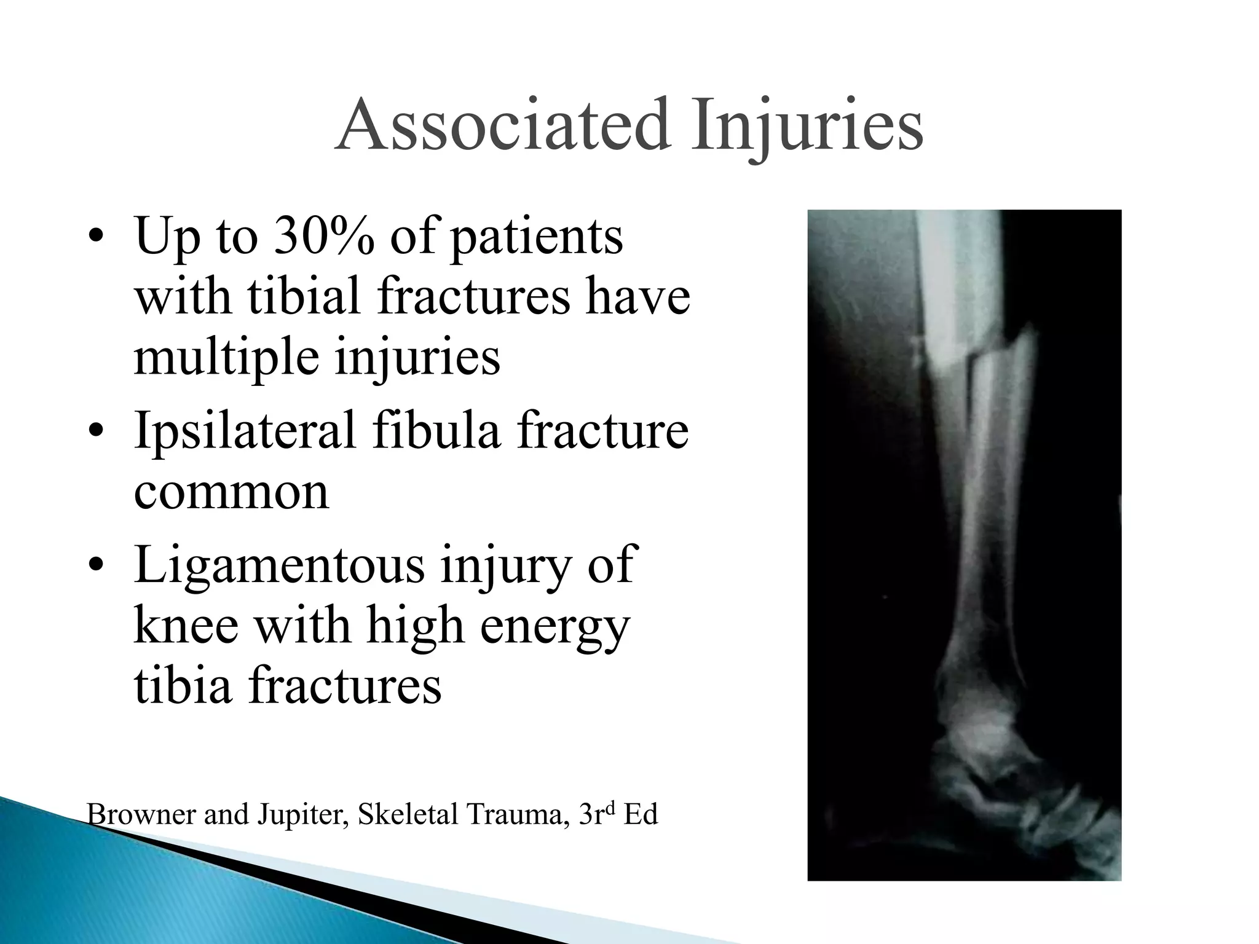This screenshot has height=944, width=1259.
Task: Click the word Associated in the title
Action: pyautogui.click(x=502, y=125)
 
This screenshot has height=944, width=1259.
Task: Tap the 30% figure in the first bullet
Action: pyautogui.click(x=323, y=236)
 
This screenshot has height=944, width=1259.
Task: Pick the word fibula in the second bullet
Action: pyautogui.click(x=437, y=430)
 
